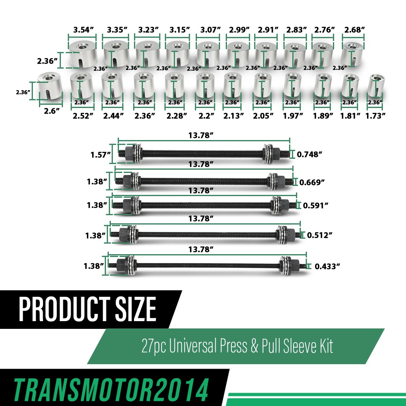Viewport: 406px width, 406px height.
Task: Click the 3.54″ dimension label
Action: click(83, 30)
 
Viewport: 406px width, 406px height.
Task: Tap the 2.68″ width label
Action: click(354, 30)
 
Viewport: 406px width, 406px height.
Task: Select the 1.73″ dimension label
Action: click(375, 116)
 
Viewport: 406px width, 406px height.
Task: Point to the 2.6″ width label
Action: click(52, 111)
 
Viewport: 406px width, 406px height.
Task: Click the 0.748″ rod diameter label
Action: click(309, 154)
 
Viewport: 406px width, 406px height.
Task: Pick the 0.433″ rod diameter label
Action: click(327, 266)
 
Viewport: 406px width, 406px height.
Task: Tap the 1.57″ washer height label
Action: click(100, 155)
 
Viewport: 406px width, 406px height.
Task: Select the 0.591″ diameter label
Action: click(315, 205)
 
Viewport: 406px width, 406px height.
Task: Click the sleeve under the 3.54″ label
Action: click(83, 55)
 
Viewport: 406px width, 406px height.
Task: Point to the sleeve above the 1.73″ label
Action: click(376, 85)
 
